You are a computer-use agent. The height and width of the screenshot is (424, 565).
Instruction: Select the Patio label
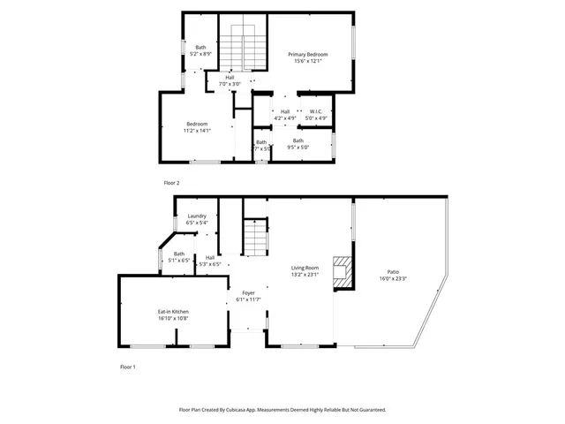393,271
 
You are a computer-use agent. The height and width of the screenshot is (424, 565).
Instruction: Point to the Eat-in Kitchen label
173,311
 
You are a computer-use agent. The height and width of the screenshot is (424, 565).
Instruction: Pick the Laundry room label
196,216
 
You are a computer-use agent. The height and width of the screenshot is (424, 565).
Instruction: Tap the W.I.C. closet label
315,111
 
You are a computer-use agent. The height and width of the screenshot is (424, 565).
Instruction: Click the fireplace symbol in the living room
342,274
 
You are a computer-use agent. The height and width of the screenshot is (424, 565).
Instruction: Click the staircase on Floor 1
254,236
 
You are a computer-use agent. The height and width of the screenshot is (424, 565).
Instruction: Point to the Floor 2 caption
171,183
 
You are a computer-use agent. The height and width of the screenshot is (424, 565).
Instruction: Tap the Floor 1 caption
128,366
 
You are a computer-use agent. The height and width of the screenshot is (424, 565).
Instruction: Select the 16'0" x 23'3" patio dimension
393,278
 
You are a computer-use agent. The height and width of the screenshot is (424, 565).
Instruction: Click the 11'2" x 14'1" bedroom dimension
196,130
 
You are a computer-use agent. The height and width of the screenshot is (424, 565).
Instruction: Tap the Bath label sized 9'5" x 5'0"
298,140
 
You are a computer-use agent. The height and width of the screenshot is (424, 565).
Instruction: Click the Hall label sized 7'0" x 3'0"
230,78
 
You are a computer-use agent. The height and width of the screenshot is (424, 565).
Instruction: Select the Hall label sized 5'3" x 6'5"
210,257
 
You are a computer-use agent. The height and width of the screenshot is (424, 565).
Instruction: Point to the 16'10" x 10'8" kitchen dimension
173,318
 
